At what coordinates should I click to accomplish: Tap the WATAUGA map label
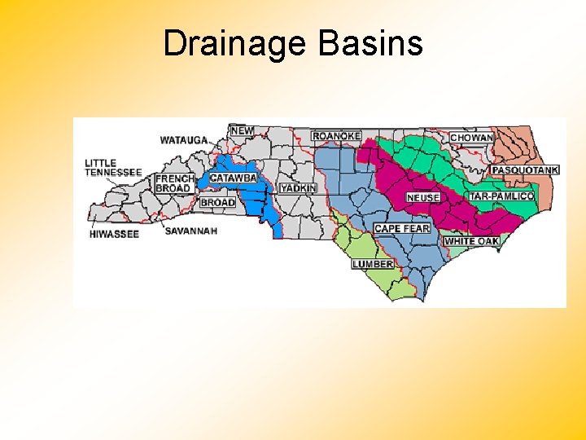tap(184, 140)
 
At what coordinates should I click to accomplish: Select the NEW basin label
tap(242, 130)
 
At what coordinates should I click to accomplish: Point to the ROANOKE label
tap(336, 136)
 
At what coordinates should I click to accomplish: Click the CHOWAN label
tap(472, 138)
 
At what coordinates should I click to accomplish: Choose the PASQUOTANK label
tap(525, 170)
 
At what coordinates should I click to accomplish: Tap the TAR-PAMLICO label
tap(501, 196)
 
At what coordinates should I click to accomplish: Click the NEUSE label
tap(423, 198)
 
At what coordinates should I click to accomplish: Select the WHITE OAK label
tap(472, 241)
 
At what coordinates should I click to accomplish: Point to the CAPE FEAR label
tap(402, 229)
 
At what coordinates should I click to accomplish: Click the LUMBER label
tap(373, 264)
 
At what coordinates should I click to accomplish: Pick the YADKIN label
tap(297, 188)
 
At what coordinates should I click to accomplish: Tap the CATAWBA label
tap(233, 178)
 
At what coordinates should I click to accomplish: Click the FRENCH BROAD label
tap(174, 183)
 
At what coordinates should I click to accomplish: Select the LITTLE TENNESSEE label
tap(113, 168)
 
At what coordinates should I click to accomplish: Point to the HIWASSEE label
tap(115, 235)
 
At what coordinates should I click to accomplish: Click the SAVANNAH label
tap(191, 231)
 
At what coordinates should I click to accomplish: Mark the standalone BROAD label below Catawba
tap(217, 202)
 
